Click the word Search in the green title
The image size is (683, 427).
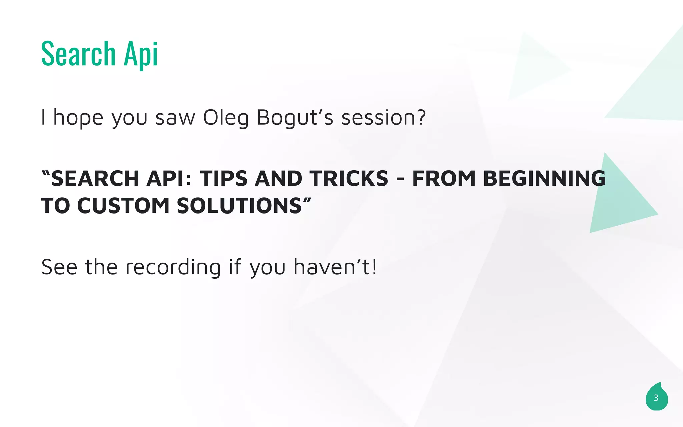coord(78,54)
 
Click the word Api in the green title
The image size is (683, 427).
coord(140,54)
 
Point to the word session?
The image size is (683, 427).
coord(384,118)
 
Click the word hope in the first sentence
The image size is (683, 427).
coord(78,118)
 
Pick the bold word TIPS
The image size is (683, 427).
coord(224,179)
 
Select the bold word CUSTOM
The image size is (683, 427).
coord(123,206)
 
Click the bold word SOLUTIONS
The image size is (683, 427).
coord(239,206)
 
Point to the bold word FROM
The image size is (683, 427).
coord(444,179)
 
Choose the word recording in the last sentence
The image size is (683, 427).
coord(173,267)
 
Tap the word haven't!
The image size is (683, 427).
coord(335,267)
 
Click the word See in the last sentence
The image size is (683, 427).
coord(59,267)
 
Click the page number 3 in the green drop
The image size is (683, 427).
coord(656,398)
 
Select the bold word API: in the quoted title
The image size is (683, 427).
coord(169,179)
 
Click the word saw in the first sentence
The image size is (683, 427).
coord(175,118)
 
